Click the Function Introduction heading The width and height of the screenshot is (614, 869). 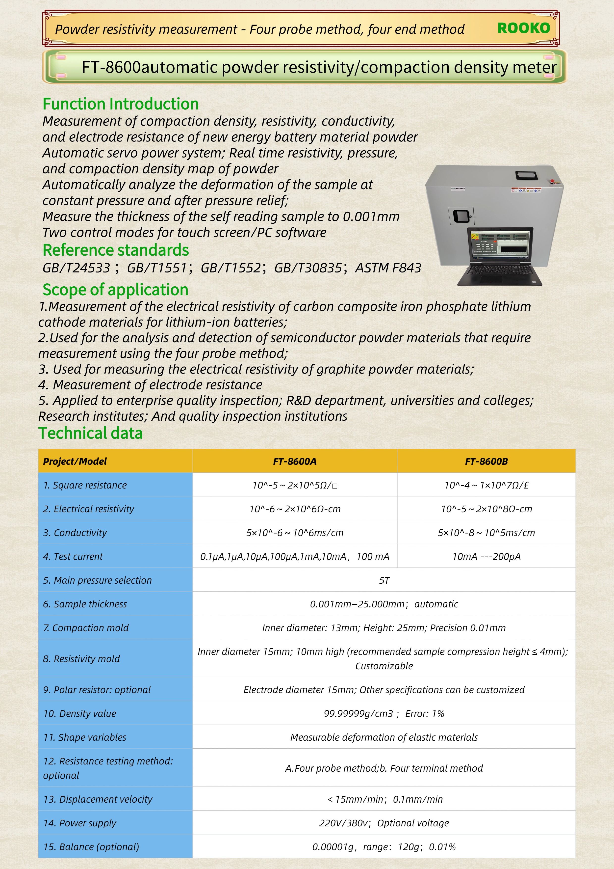click(x=120, y=104)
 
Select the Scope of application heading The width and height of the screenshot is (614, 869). click(x=115, y=290)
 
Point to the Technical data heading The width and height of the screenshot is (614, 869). click(x=90, y=433)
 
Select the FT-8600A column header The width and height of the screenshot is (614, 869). click(x=295, y=461)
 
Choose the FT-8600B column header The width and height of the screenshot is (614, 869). click(x=486, y=461)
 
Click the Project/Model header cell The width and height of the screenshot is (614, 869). click(x=75, y=461)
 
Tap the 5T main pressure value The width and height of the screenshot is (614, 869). click(x=384, y=580)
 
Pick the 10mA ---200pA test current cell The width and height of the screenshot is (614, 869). click(x=486, y=556)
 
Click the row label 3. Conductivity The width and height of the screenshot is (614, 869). click(x=75, y=533)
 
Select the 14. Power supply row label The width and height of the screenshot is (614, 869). click(x=80, y=823)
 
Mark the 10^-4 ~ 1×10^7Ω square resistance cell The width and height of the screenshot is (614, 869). click(x=486, y=485)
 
